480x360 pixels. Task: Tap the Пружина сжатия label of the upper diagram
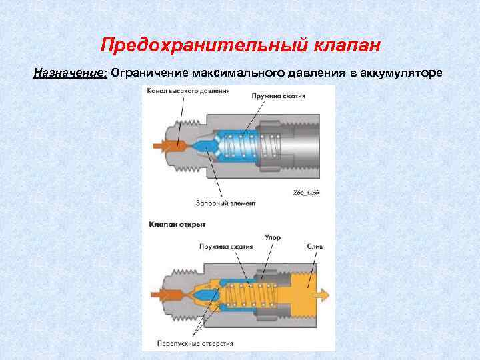click(x=278, y=96)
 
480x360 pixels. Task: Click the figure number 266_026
click(x=306, y=192)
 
